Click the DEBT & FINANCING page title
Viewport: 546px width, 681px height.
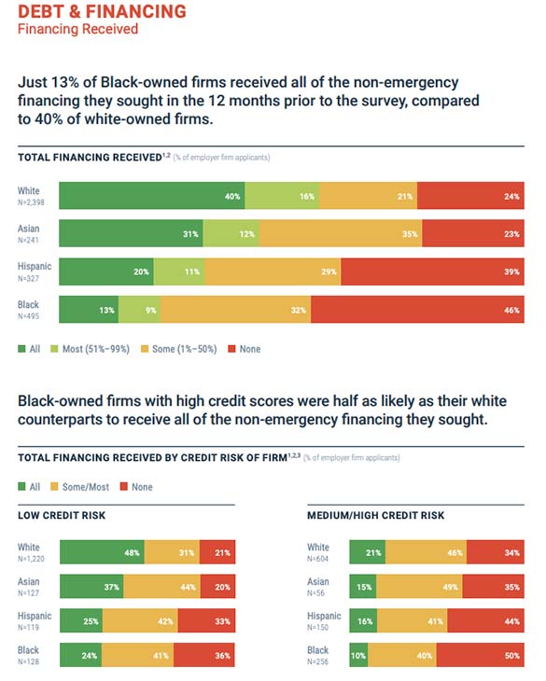pyautogui.click(x=102, y=11)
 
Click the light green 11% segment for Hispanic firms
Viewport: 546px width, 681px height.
pyautogui.click(x=179, y=272)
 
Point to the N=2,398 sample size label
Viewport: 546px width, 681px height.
pyautogui.click(x=33, y=202)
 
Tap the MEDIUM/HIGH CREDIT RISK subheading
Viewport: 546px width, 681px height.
pyautogui.click(x=375, y=515)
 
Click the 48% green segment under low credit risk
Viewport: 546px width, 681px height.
pyautogui.click(x=103, y=552)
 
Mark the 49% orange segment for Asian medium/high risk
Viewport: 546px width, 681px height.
pyautogui.click(x=423, y=587)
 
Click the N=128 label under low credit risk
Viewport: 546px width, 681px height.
pyautogui.click(x=31, y=661)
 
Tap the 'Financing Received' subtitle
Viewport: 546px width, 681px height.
pyautogui.click(x=77, y=29)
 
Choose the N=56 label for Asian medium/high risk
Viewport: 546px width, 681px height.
pyautogui.click(x=318, y=592)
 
